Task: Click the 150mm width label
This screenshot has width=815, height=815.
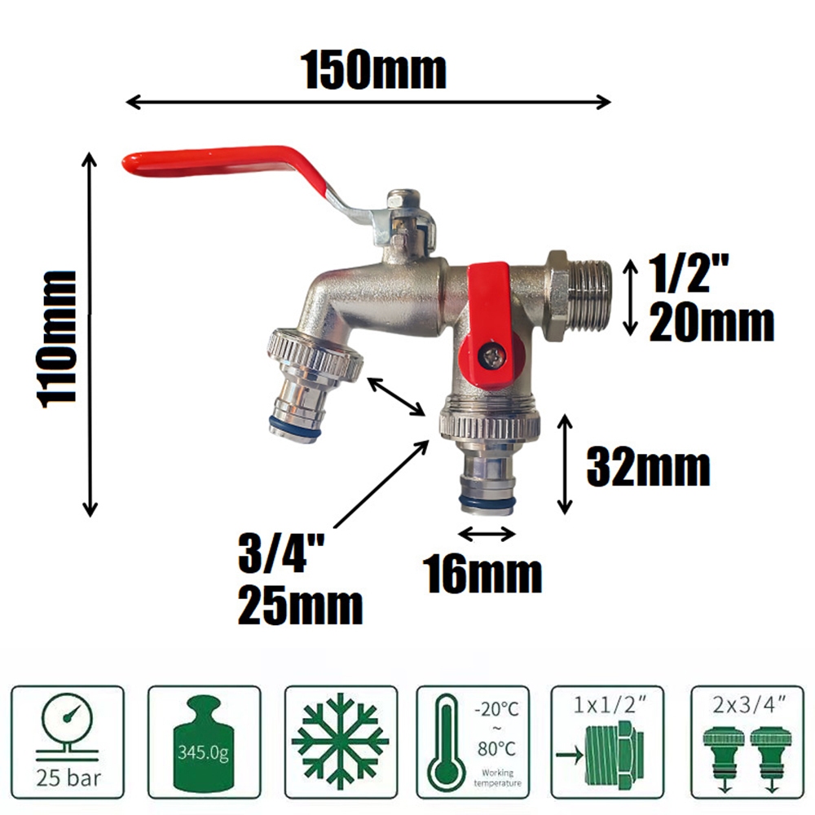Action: tap(373, 71)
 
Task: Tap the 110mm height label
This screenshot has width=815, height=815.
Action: tap(57, 339)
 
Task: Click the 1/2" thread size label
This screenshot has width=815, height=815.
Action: tap(688, 273)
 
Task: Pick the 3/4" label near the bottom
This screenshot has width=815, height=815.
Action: tap(281, 554)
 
